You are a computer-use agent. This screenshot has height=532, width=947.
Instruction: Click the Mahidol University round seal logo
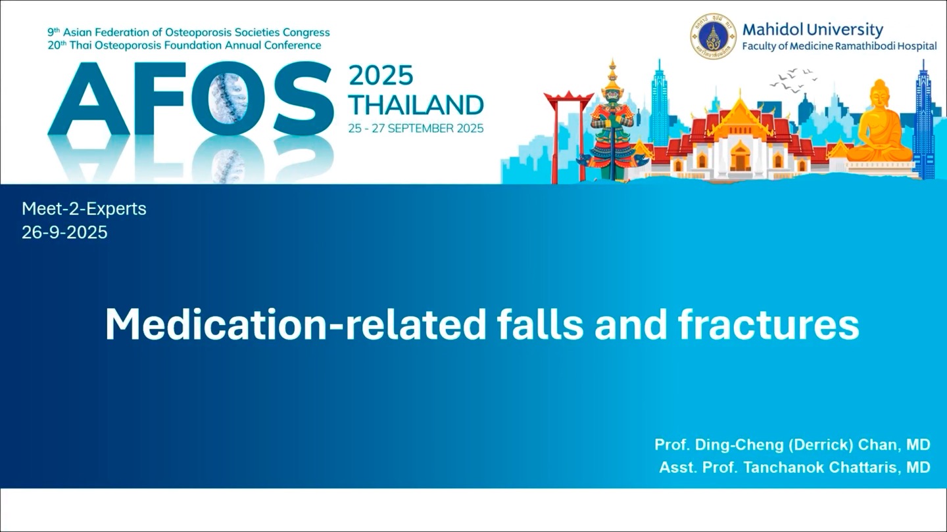(x=713, y=36)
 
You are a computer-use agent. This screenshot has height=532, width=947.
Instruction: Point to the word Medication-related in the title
(x=295, y=324)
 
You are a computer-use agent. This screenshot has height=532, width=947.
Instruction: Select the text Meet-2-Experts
(x=84, y=209)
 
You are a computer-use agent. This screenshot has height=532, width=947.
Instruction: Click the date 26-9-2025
(x=64, y=233)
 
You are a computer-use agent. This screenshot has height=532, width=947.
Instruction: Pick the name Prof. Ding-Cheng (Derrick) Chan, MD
(x=792, y=444)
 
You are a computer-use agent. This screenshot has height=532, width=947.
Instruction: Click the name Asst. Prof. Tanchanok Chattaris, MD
(x=795, y=467)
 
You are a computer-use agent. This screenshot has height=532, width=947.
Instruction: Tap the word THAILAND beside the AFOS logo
(x=416, y=104)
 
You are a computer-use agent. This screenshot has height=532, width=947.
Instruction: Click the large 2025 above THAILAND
(x=381, y=76)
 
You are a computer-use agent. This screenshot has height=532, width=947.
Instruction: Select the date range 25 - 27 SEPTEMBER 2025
(x=416, y=128)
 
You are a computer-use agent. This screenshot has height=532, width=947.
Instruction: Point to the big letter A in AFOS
(x=89, y=99)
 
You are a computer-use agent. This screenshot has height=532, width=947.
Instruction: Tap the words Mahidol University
(x=813, y=30)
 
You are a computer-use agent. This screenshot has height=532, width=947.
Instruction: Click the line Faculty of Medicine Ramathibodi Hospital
(x=839, y=47)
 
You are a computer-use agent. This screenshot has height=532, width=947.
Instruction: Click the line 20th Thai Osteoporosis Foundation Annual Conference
(x=184, y=45)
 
